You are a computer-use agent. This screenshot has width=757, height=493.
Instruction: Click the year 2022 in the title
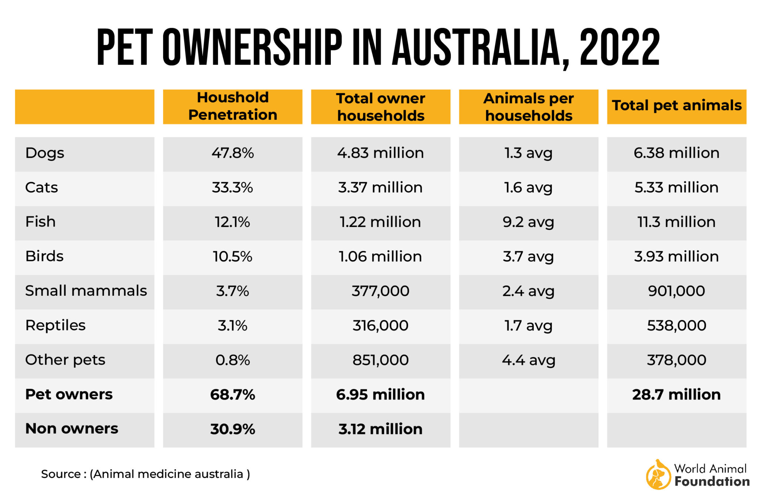click(619, 48)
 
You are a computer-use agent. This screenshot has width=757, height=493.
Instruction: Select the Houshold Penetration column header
click(232, 106)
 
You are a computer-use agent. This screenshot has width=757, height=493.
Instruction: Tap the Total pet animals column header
click(676, 106)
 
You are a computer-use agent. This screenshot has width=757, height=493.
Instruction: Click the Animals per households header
click(529, 107)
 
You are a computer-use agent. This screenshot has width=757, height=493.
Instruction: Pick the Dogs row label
click(45, 153)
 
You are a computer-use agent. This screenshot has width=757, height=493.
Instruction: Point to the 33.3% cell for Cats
click(232, 188)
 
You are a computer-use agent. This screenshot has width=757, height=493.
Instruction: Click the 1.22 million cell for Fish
click(380, 222)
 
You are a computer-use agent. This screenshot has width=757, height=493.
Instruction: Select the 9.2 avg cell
click(529, 222)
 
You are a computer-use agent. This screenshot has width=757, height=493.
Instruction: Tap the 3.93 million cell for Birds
click(676, 256)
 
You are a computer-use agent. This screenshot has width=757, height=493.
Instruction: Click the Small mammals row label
click(86, 291)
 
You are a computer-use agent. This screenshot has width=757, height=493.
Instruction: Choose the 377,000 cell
click(380, 291)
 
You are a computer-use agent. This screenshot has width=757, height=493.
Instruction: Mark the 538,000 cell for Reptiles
click(676, 326)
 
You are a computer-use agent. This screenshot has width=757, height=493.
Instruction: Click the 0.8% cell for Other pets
click(232, 360)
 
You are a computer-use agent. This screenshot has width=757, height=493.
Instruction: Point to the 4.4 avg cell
click(529, 360)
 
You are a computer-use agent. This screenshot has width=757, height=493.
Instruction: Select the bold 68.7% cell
click(232, 395)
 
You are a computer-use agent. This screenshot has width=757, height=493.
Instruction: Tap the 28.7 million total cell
click(676, 395)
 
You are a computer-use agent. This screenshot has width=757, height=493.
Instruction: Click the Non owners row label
click(72, 429)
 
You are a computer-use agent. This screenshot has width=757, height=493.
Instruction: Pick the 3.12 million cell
click(380, 429)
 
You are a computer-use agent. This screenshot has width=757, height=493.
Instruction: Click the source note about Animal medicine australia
click(145, 474)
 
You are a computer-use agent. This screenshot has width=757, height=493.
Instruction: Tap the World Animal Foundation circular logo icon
click(658, 475)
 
